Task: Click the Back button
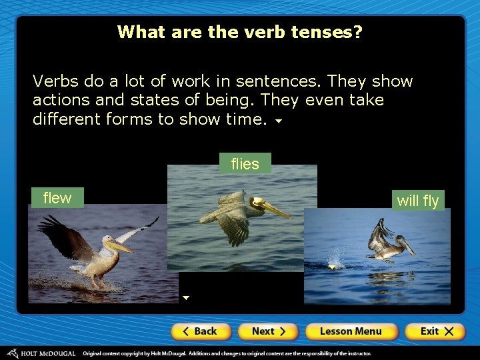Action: [x=201, y=331]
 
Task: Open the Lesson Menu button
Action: [x=351, y=331]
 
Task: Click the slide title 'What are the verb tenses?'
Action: [x=240, y=32]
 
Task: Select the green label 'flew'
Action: [x=57, y=198]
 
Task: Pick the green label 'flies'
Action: [x=245, y=164]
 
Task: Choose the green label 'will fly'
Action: [x=418, y=201]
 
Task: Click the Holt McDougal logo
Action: [x=41, y=353]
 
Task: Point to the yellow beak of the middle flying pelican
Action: [x=274, y=210]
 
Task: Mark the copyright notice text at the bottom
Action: [x=227, y=353]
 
